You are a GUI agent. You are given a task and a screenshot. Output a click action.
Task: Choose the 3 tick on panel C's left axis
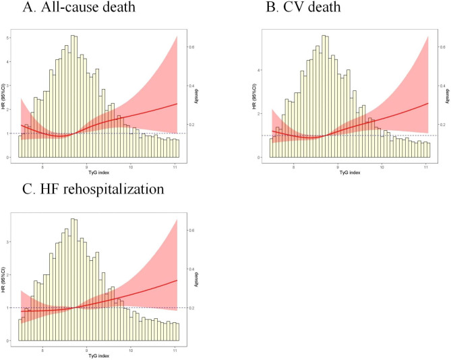(x=10, y=240)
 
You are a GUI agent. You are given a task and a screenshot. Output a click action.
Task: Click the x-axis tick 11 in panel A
(x=175, y=165)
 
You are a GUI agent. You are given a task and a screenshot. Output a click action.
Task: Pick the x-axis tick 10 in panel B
(x=382, y=165)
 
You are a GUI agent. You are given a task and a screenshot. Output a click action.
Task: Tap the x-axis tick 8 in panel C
(x=43, y=349)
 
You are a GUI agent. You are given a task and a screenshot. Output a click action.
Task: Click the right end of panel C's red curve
(x=177, y=280)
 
